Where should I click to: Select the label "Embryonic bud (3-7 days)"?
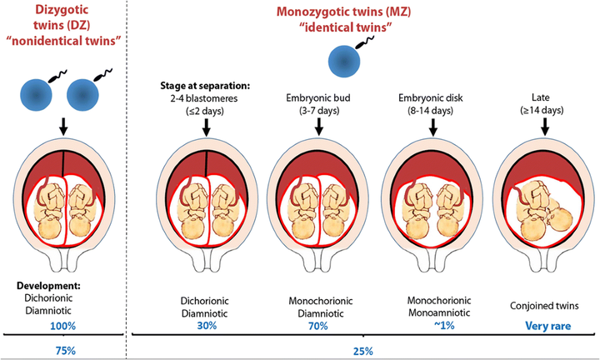319,104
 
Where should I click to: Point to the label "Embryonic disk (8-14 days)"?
432,104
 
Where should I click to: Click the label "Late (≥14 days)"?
545,104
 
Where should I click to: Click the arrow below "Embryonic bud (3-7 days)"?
319,127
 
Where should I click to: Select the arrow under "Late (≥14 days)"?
545,127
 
